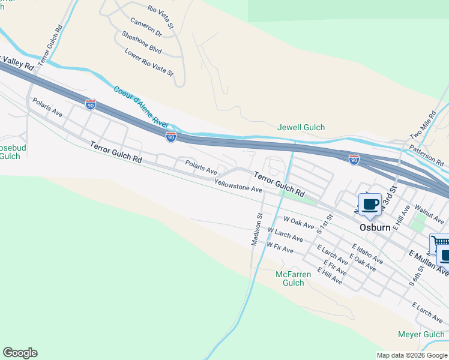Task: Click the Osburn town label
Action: coord(375,228)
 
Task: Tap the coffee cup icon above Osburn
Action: coord(370,205)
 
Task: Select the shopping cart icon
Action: coord(439,242)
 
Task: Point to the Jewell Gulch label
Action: coord(301,127)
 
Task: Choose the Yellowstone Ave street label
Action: coord(238,186)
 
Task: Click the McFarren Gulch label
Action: coord(293,278)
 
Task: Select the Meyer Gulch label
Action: coord(421,335)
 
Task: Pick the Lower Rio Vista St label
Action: coord(149,62)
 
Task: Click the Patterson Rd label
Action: coord(426,155)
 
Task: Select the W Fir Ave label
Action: coord(280,247)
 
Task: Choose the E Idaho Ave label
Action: coord(367,254)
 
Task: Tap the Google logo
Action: coord(20,353)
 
